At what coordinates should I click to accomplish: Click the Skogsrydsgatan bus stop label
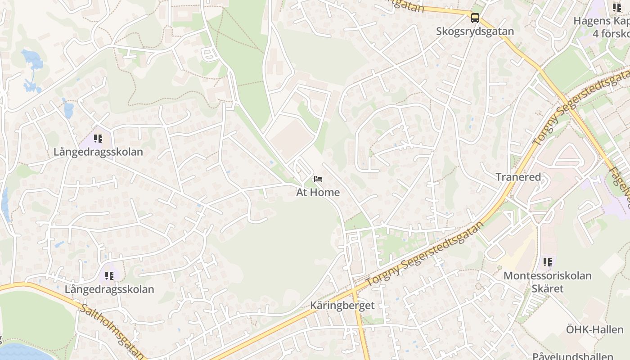[475, 31]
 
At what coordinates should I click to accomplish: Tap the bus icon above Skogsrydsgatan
[475, 18]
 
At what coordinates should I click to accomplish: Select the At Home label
[318, 192]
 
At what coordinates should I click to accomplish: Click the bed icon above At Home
[318, 179]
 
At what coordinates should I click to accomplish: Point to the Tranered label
[518, 177]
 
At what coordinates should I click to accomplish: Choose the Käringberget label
[342, 306]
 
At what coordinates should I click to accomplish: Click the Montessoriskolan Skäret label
[547, 282]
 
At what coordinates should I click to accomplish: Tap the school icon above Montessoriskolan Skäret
[547, 262]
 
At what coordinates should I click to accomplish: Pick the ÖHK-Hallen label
[594, 329]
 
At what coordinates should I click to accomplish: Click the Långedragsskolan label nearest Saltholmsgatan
[109, 289]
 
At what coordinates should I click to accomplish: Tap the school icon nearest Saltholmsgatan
[109, 275]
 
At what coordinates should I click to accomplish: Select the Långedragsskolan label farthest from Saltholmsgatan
[98, 152]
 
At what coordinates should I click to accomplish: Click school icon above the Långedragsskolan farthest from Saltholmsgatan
[98, 138]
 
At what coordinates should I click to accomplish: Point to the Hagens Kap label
[601, 21]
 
